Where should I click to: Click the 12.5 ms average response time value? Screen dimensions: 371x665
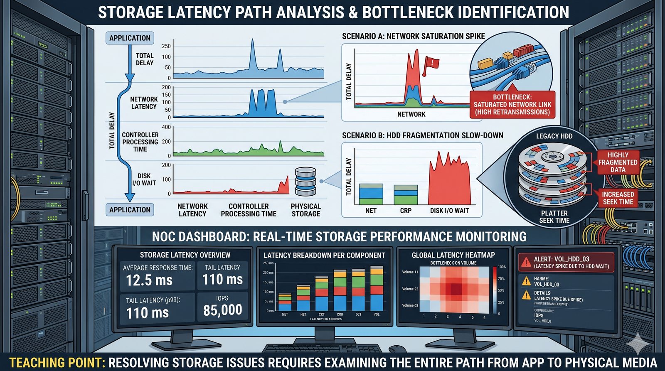coord(149,280)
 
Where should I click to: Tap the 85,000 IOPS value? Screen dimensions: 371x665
coord(222,310)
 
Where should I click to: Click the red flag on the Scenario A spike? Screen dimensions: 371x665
coord(431,64)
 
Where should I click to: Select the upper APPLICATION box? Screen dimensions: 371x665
coord(130,38)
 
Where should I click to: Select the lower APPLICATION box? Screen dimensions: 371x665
coord(130,210)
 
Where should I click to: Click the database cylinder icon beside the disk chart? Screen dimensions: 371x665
coord(305,182)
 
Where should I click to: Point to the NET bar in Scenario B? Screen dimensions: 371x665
coord(371,194)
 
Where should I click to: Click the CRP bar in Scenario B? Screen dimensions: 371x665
coord(406,195)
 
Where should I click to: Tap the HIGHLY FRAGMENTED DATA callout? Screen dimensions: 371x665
coord(618,162)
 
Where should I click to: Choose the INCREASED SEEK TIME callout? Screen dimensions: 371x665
coord(618,198)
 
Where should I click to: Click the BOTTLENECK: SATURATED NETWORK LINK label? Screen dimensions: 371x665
coord(512,104)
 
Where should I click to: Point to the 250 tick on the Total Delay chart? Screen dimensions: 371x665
coord(166,46)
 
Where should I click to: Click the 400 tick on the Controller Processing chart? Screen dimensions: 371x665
coord(166,127)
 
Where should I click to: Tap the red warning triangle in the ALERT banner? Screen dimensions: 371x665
coord(526,262)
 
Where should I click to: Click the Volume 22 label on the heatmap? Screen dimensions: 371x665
coord(410,289)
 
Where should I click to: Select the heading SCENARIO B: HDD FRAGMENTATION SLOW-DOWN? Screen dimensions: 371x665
coord(422,135)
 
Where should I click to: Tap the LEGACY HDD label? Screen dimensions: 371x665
coord(554,136)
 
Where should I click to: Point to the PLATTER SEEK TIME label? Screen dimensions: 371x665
coord(554,216)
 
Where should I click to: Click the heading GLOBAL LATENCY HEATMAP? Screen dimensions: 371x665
coord(453,255)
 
